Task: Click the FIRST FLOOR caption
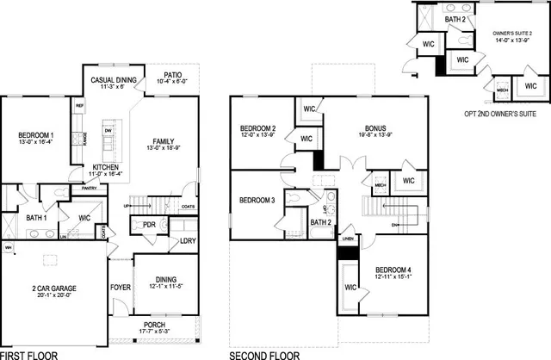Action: tap(28, 354)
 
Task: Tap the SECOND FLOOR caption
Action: tap(263, 354)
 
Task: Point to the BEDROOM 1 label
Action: tap(35, 136)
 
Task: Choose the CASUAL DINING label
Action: tap(114, 79)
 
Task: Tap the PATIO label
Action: tap(173, 75)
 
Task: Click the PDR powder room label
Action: tap(148, 225)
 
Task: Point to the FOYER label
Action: tap(120, 287)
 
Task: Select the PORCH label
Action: tap(157, 325)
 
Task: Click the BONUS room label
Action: tap(375, 129)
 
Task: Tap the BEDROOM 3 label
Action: tap(257, 201)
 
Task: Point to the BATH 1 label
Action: tap(37, 218)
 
